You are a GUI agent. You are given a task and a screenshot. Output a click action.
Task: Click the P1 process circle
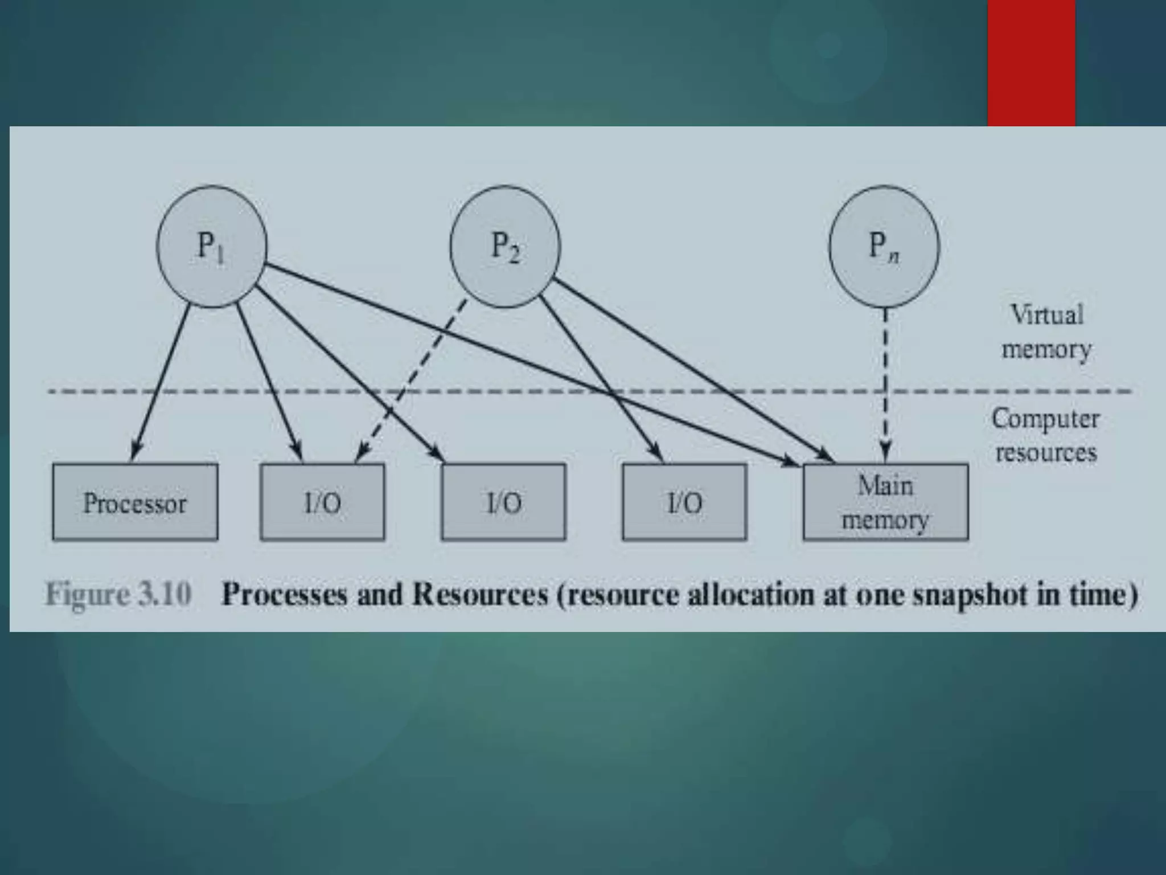coord(211,247)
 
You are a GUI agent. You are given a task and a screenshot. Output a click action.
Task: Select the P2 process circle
coord(505,247)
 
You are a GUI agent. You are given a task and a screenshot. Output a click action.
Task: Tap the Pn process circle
coord(884,247)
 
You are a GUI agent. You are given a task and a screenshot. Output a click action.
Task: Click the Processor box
coord(135,502)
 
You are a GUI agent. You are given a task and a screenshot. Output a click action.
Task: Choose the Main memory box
coord(885,502)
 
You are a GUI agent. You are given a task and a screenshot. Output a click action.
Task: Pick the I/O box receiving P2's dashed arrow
coord(322,502)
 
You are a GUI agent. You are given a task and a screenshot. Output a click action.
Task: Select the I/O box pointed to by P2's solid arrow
coord(684,502)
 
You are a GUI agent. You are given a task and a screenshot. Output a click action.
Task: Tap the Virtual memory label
coord(1046,332)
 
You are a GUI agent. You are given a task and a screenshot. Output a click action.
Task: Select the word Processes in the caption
coord(284,594)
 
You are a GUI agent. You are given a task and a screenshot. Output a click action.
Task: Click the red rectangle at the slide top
coord(1031,63)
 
